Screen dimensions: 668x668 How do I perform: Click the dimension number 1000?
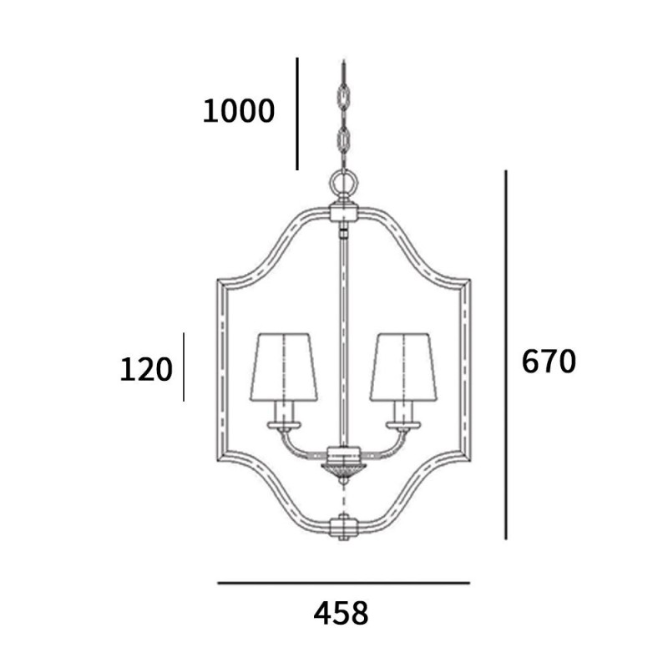tap(239, 111)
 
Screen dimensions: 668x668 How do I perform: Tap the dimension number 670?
tap(549, 362)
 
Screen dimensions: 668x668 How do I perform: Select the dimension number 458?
tap(341, 613)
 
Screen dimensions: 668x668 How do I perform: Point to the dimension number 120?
tap(146, 369)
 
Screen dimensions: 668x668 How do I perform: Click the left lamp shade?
tap(284, 367)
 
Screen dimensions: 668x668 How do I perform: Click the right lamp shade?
tap(404, 367)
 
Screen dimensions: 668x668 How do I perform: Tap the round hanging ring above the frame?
tap(343, 184)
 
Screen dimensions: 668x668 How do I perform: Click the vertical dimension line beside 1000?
tap(297, 114)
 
